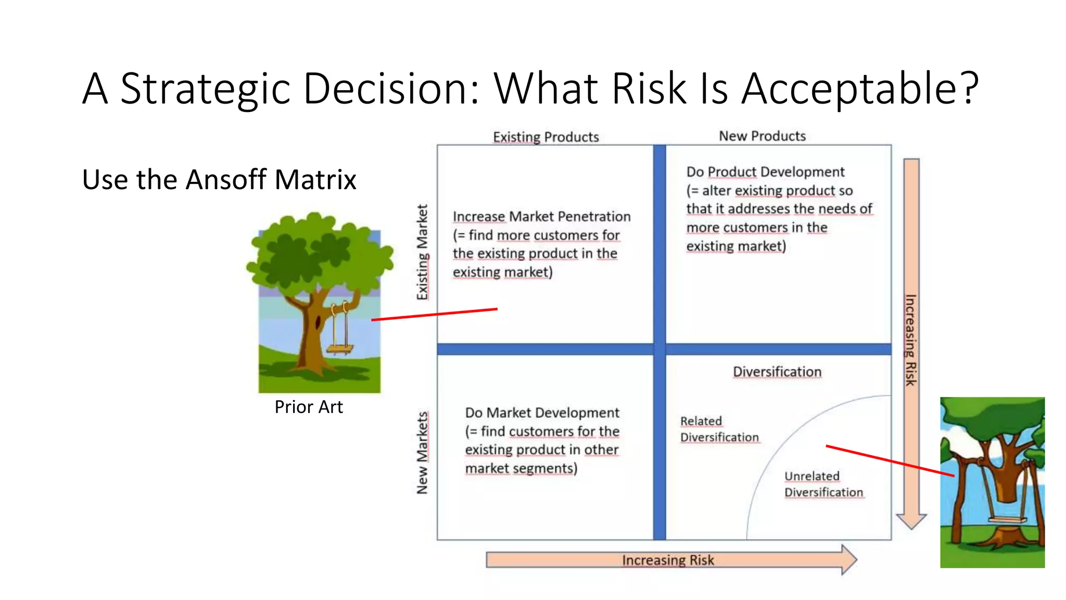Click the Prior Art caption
309,407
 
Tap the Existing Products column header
545,137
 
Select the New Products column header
762,136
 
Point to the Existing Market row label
422,252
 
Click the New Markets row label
422,453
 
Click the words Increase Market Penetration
541,216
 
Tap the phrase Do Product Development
765,172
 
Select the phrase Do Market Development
542,413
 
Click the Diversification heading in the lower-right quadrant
777,372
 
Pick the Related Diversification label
719,429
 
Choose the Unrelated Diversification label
823,484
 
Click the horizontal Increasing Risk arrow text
668,560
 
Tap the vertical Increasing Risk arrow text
910,340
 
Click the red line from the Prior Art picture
434,314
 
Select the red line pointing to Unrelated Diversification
890,461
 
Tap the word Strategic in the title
205,89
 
